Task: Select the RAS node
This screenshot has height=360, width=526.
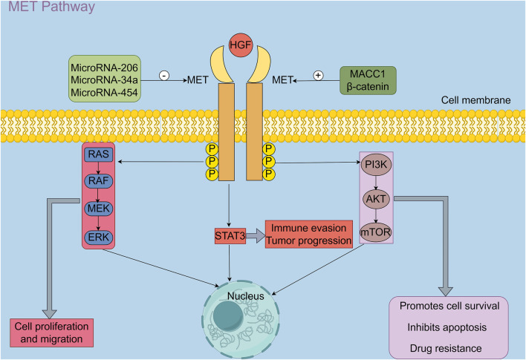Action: click(x=97, y=154)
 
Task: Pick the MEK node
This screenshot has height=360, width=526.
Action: click(x=97, y=209)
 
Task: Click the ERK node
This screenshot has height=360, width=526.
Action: click(x=97, y=238)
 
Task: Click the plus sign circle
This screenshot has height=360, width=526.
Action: click(x=318, y=76)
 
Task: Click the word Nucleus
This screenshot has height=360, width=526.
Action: click(x=244, y=298)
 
